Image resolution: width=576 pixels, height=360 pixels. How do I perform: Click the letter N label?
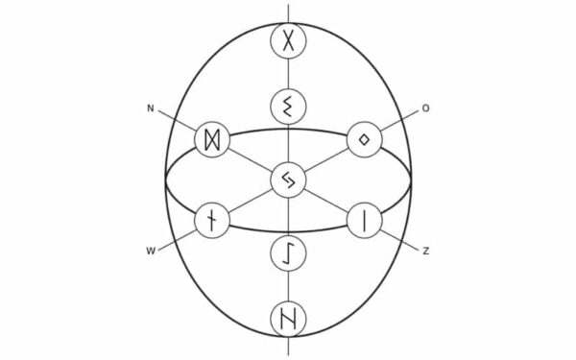point(151,108)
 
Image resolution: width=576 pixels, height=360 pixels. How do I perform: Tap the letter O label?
point(425,108)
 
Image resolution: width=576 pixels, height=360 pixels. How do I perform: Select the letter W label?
point(151,252)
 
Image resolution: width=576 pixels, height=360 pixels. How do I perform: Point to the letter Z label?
point(425,252)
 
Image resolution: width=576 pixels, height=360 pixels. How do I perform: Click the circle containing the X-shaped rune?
point(288,41)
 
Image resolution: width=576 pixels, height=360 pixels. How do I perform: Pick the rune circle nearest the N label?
point(211,140)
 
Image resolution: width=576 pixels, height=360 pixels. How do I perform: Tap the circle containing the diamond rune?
point(365,140)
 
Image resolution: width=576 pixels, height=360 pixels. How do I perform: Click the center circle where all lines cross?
point(288,180)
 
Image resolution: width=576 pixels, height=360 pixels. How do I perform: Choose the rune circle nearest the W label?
point(211,220)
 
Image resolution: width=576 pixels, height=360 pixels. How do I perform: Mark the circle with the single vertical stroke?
point(365,220)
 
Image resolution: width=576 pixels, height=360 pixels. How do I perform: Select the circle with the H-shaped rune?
point(288,318)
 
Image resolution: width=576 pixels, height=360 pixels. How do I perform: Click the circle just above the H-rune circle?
point(288,253)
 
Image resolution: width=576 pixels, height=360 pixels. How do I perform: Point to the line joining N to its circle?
point(178,122)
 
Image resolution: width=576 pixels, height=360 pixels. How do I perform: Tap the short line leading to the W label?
point(178,237)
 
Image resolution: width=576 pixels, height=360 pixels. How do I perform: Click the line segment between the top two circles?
point(288,74)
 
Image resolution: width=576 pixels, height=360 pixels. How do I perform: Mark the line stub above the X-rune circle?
point(288,12)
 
